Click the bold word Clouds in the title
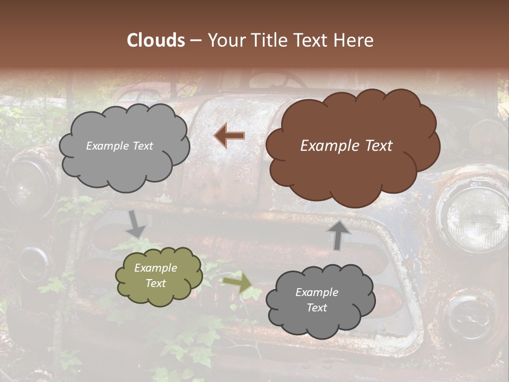tap(156, 40)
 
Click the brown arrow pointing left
tap(230, 136)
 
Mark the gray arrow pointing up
tap(339, 235)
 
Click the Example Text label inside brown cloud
tap(346, 146)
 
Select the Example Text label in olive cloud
tap(155, 275)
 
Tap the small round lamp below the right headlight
tap(469, 318)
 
